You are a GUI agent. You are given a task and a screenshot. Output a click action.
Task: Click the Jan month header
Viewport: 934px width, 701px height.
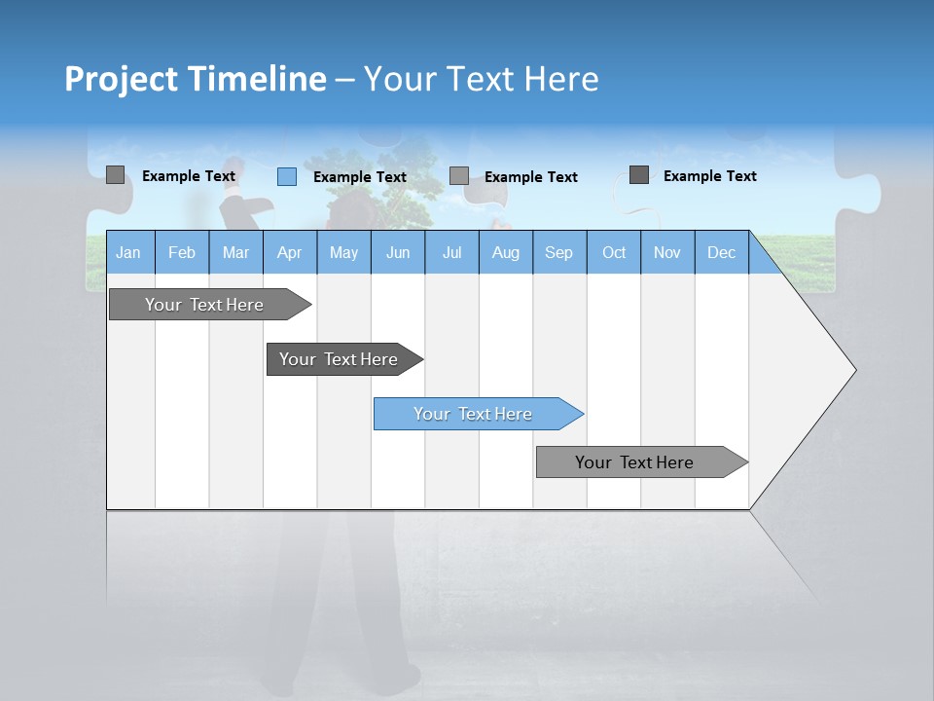(x=128, y=252)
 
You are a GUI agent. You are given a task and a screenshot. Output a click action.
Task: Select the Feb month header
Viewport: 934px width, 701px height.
(x=182, y=252)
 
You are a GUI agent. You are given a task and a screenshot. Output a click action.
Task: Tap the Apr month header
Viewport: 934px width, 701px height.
(x=290, y=252)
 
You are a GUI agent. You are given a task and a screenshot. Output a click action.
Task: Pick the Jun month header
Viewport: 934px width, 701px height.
(x=398, y=252)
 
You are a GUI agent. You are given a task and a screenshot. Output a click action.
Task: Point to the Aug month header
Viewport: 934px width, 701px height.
(x=506, y=252)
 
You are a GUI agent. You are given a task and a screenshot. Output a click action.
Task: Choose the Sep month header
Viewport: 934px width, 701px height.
(x=559, y=252)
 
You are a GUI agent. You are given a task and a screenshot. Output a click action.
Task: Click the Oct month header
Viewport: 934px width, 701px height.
(x=614, y=252)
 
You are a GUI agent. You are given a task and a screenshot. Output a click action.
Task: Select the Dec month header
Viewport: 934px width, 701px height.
(x=722, y=252)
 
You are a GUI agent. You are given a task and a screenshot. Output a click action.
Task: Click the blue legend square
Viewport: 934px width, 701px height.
(x=287, y=176)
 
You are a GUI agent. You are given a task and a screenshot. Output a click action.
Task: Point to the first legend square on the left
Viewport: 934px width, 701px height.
(x=116, y=175)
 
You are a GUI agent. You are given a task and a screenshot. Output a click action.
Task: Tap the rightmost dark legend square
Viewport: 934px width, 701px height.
(x=639, y=175)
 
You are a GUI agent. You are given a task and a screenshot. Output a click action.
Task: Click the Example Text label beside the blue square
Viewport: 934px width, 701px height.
(x=360, y=177)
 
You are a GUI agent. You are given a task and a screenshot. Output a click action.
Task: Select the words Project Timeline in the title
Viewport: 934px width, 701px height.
(x=196, y=79)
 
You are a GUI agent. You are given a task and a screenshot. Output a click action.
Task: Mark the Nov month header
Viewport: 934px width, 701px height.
(x=667, y=252)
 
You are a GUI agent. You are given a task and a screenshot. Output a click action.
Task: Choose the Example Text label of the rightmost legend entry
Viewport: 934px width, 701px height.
(x=710, y=176)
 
